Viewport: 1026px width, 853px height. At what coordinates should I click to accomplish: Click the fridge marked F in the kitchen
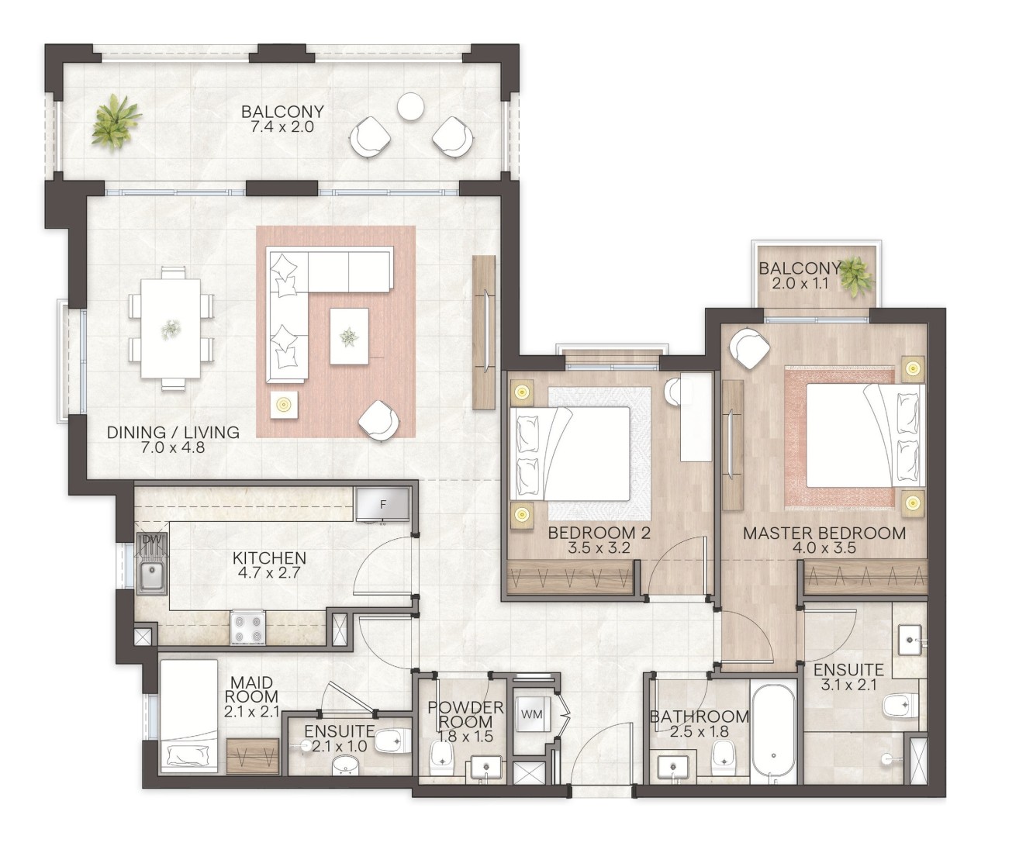(x=382, y=505)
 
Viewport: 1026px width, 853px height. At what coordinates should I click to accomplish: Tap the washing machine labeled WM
(x=532, y=714)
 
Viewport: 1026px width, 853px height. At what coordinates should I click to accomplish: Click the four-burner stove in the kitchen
(x=247, y=627)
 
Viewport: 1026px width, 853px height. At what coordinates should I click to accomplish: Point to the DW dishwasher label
(x=152, y=540)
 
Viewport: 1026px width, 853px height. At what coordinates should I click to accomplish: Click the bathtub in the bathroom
(x=773, y=733)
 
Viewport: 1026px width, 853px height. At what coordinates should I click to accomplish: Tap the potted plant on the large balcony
(x=117, y=122)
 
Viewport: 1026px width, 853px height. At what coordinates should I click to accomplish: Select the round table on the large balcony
(x=410, y=106)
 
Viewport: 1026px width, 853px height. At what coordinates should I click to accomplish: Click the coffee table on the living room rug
(x=350, y=336)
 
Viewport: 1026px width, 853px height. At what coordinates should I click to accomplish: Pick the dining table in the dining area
(x=170, y=328)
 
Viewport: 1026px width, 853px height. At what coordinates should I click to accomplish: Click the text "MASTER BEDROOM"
(x=824, y=534)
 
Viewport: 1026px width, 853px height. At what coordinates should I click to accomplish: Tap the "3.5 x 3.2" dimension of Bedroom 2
(x=599, y=548)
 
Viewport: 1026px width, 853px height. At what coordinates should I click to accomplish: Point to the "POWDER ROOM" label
(x=465, y=715)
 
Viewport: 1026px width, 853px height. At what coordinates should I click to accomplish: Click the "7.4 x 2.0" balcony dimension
(x=282, y=126)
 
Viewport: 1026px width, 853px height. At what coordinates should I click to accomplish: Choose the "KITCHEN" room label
(x=269, y=558)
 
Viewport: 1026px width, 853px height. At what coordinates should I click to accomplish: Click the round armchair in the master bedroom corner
(x=749, y=347)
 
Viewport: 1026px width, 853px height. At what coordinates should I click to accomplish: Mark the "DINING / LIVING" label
(x=174, y=433)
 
